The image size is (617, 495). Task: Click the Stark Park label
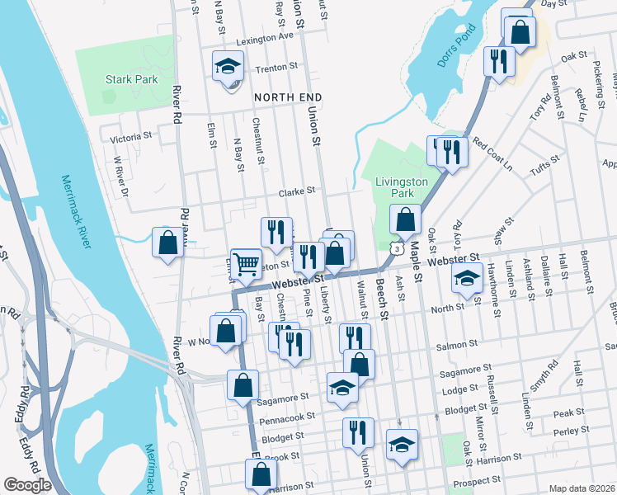pyautogui.click(x=131, y=80)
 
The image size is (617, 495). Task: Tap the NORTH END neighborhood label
pyautogui.click(x=287, y=97)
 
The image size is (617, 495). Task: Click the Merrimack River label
pyautogui.click(x=76, y=206)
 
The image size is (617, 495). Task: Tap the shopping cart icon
pyautogui.click(x=246, y=264)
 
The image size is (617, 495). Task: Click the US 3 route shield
pyautogui.click(x=398, y=247)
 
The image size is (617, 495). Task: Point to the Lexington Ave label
pyautogui.click(x=264, y=38)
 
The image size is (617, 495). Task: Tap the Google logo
pyautogui.click(x=28, y=484)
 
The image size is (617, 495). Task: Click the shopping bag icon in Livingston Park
pyautogui.click(x=405, y=220)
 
